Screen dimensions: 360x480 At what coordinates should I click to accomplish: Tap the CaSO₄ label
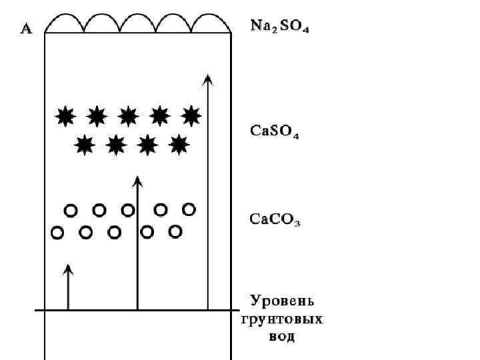pos(274,131)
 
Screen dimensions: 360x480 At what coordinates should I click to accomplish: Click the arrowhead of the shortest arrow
pos(68,269)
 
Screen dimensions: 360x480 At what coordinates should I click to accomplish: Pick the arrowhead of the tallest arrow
pos(208,79)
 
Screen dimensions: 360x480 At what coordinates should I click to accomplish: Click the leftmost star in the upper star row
pos(65,116)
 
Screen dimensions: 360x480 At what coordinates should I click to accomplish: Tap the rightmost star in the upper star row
pos(191,115)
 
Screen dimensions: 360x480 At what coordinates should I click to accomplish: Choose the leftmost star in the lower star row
pos(85,143)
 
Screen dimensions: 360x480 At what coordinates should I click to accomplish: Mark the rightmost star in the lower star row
pos(179,143)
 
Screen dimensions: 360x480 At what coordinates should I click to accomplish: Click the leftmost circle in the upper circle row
pos(70,211)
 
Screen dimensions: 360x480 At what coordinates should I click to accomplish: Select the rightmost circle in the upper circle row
pos(189,209)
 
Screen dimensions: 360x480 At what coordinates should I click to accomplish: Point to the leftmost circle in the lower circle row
pos(57,233)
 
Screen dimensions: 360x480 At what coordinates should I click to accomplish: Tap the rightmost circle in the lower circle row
pos(175,231)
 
